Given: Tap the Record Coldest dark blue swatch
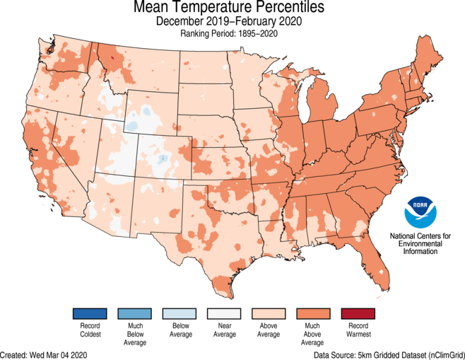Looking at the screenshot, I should (89, 313).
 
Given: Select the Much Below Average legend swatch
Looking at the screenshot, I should (134, 313).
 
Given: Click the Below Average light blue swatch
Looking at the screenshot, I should (179, 313).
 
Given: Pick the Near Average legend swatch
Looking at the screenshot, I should (223, 313).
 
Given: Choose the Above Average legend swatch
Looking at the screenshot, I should (268, 313).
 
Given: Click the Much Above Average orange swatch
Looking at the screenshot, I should (312, 313).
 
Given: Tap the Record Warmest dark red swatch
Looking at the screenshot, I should (358, 313).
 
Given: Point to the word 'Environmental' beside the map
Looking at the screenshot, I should (421, 243).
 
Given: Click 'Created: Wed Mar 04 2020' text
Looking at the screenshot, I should (44, 354).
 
